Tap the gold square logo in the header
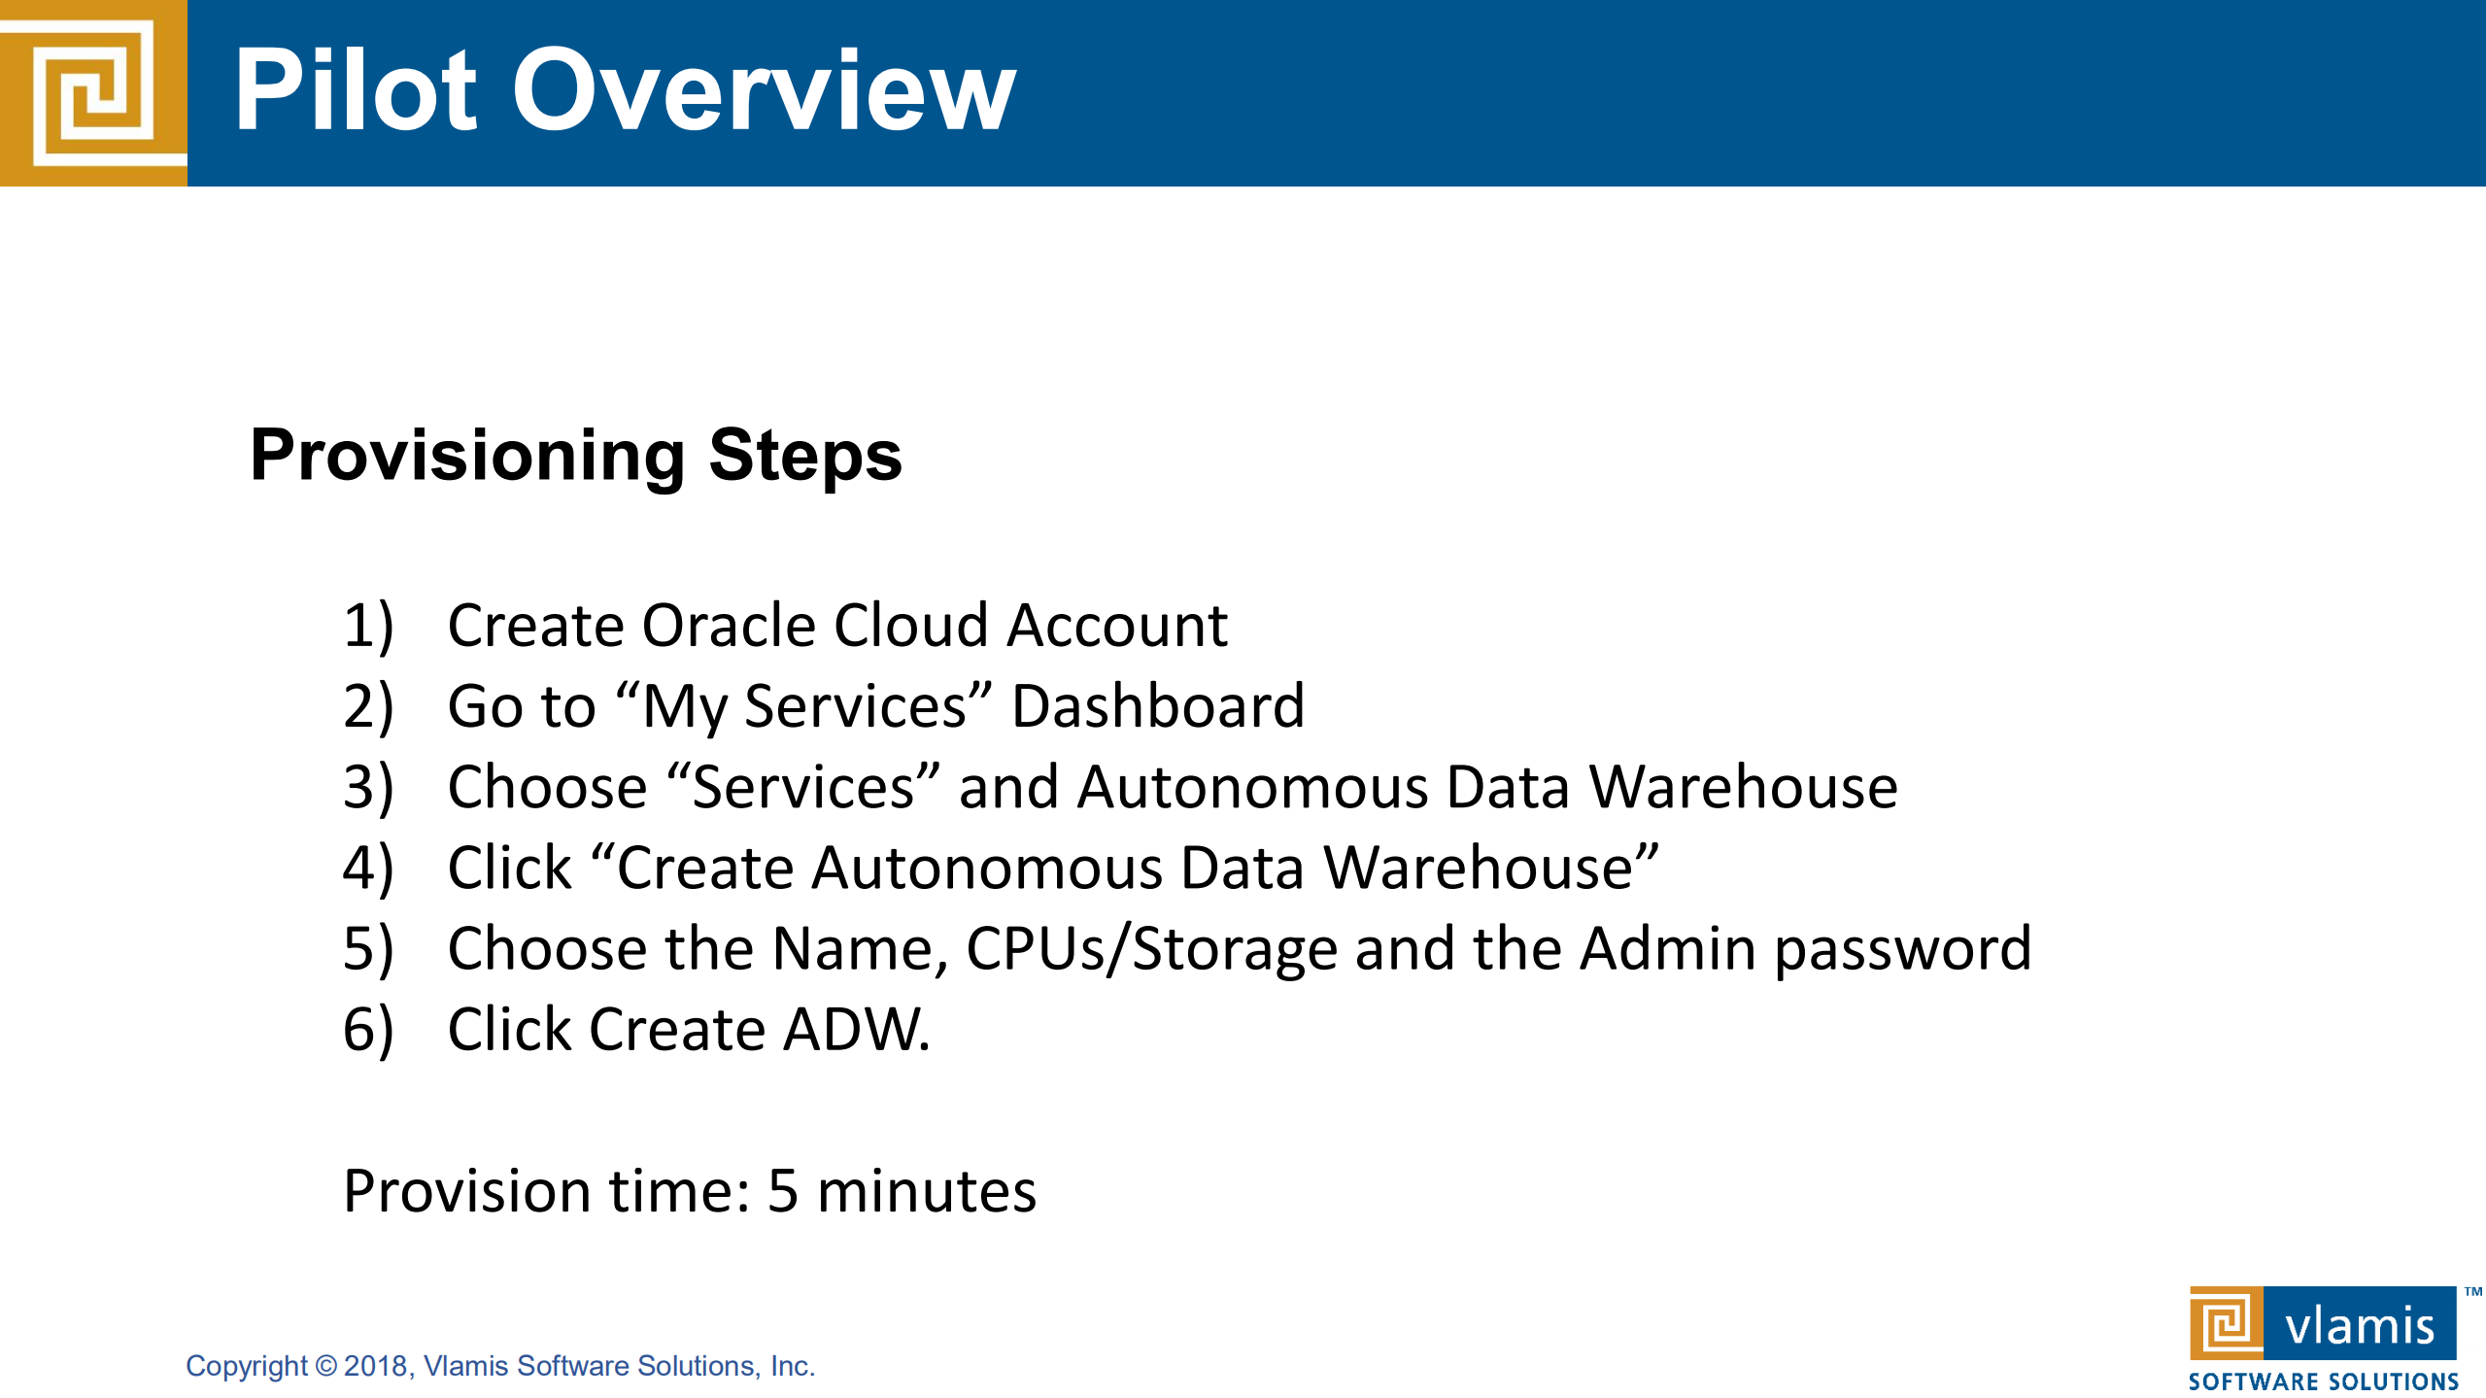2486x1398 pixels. [x=93, y=92]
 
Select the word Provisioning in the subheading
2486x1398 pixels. [x=467, y=456]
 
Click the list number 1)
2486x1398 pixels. [x=368, y=625]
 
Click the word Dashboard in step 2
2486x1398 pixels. [x=1158, y=705]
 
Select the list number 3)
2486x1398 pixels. [x=368, y=786]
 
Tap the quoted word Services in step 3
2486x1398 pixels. [x=802, y=786]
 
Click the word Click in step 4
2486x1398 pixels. [x=509, y=867]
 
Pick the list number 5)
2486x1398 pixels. [x=368, y=948]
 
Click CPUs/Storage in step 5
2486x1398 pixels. [x=1152, y=948]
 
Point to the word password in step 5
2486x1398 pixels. [x=1903, y=948]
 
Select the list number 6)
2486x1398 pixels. [x=368, y=1029]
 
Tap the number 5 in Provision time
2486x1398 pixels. [x=783, y=1191]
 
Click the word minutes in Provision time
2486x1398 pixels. [x=927, y=1191]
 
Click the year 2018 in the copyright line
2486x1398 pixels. [x=375, y=1366]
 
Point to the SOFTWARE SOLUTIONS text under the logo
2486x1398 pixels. [x=2323, y=1381]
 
